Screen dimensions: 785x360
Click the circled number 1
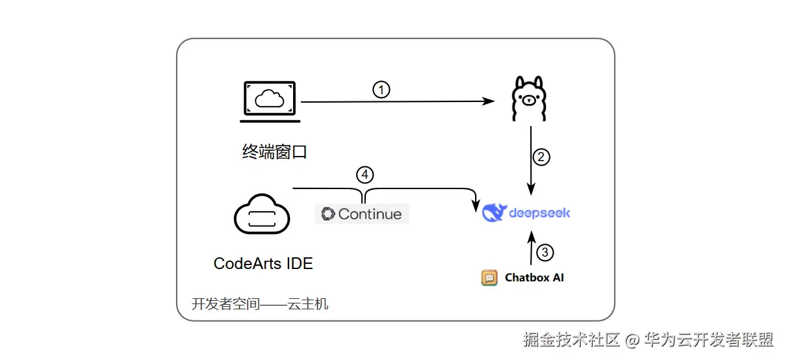pos(381,90)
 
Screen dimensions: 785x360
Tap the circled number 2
pos(541,157)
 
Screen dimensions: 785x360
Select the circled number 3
pos(545,252)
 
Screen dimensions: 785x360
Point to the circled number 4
pos(365,175)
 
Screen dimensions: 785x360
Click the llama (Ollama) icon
pos(529,99)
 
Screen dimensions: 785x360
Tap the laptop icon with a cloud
pos(270,101)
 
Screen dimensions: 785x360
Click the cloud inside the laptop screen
pos(269,98)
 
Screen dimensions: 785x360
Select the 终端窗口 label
pos(274,152)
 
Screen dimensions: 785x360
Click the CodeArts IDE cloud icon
pos(262,214)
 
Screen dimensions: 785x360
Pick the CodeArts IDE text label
pos(263,264)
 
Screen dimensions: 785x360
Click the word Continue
pos(370,214)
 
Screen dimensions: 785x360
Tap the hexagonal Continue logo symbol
pos(328,214)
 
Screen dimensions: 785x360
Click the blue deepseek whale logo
pos(494,212)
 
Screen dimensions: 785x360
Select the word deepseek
pos(539,212)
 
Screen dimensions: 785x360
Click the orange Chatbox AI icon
pos(489,277)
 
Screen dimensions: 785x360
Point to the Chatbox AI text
pos(534,277)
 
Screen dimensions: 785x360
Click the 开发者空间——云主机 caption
pos(260,304)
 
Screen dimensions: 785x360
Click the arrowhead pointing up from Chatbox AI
pos(532,237)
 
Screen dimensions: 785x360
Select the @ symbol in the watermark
pos(632,340)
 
